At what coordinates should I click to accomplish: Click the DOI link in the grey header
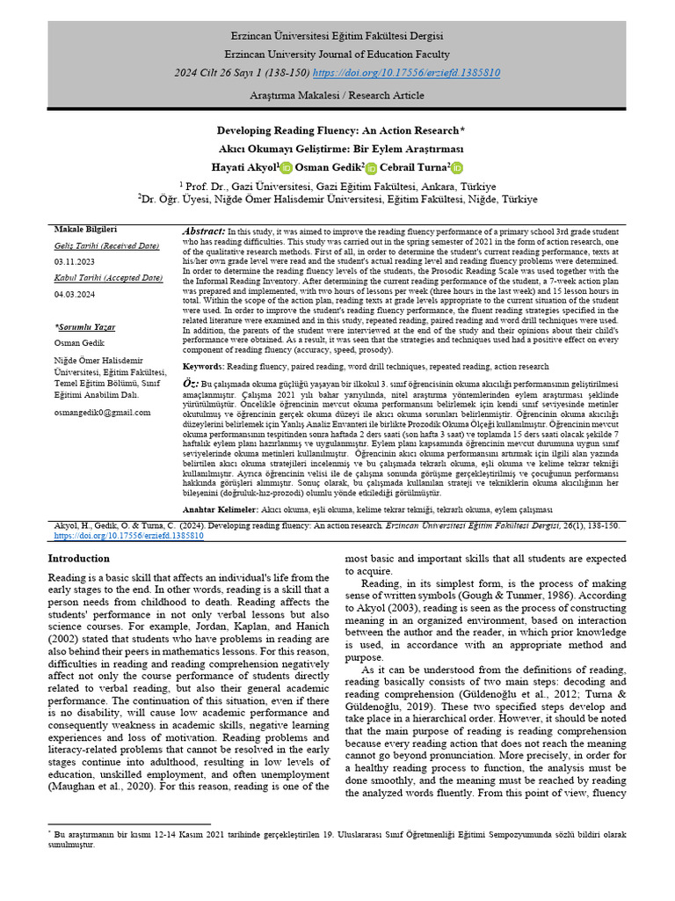(x=407, y=72)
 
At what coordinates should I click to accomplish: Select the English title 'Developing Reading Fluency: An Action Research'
(x=337, y=130)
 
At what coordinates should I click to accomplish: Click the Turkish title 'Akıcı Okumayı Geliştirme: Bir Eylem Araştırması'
(x=337, y=149)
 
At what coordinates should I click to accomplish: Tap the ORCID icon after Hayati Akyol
(x=285, y=168)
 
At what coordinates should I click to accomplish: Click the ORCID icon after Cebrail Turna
(x=457, y=168)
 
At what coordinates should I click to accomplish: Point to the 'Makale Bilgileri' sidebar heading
(x=85, y=229)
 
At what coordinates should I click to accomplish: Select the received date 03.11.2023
(x=76, y=261)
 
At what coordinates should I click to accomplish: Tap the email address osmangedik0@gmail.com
(x=102, y=412)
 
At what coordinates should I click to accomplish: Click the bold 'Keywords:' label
(x=206, y=366)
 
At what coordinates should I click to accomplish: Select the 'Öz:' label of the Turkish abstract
(x=191, y=385)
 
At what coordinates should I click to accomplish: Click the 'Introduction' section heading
(x=79, y=559)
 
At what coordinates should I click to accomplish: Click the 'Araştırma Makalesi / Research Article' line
(x=337, y=94)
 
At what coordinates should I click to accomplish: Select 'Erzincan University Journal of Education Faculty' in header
(x=337, y=54)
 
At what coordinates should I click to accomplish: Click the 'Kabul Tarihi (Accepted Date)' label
(x=108, y=278)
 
